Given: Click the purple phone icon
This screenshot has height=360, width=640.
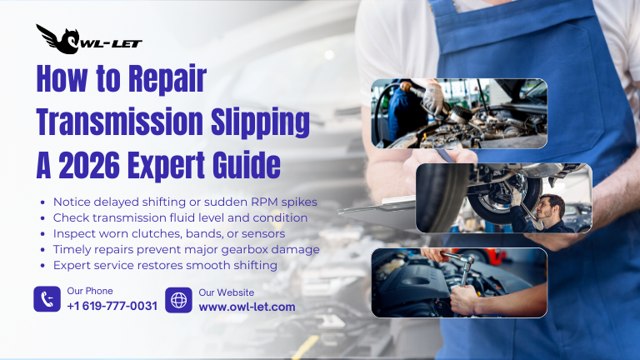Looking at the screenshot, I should pos(47,299).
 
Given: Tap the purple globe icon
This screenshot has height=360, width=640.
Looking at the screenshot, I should pos(178,299).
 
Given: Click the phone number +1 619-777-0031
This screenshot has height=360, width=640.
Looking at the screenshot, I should pos(112,307).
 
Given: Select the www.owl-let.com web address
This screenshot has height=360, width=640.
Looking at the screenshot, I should pos(247,307).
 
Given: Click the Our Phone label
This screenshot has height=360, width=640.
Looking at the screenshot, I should pos(89,291).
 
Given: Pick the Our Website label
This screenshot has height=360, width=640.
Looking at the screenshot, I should pos(226,292).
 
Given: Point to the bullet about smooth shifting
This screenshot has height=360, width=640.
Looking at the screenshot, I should pos(164,265).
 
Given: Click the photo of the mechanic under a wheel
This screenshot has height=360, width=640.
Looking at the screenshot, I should pos(503,197).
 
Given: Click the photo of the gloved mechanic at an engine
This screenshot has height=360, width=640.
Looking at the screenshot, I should pos(459,112).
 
